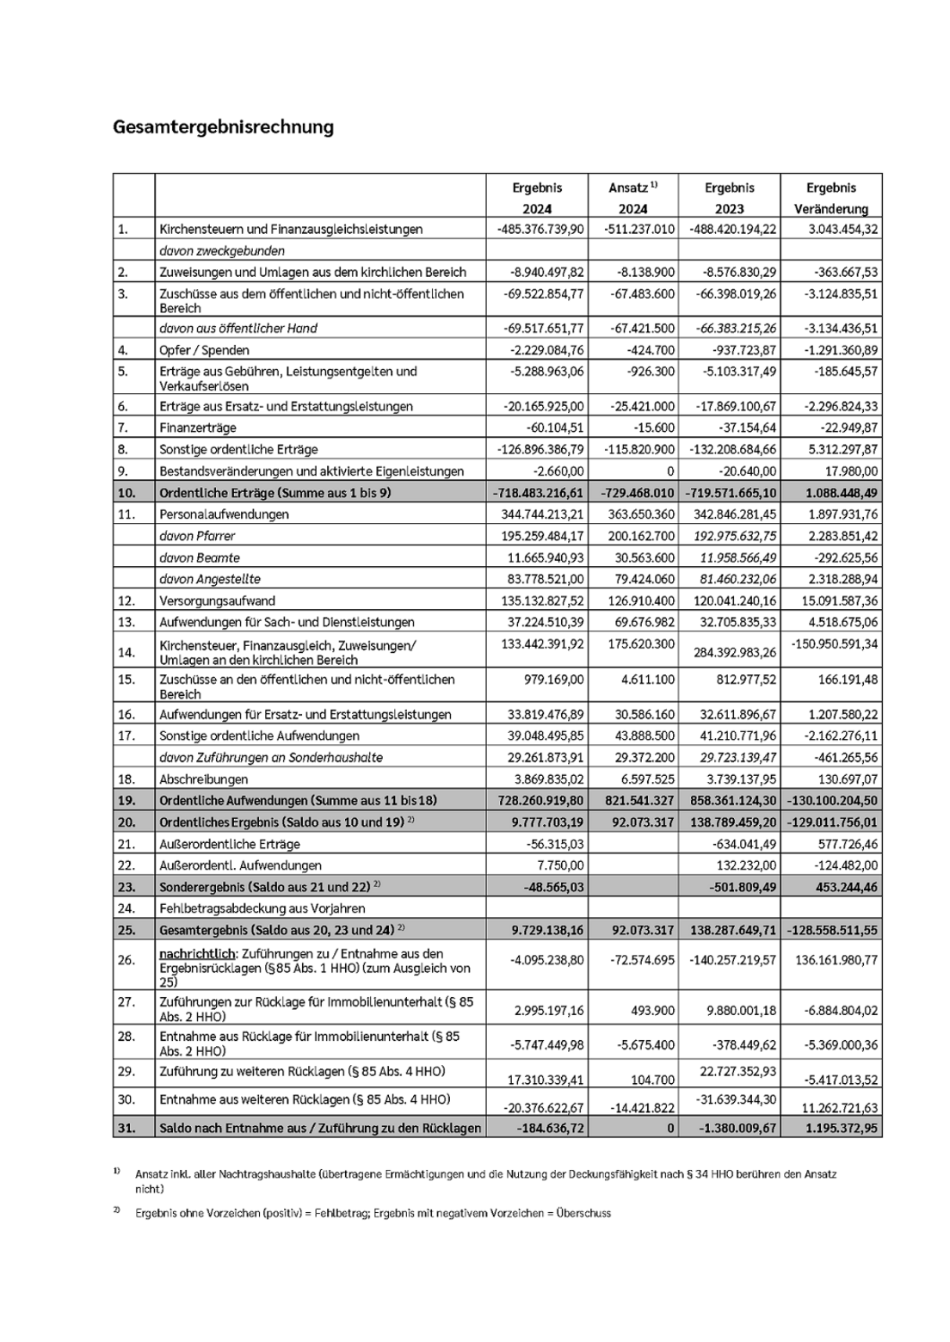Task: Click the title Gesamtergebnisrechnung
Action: click(x=223, y=127)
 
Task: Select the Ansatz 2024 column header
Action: click(x=633, y=197)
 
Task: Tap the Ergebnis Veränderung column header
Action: click(x=831, y=197)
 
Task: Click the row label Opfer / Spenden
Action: click(x=205, y=350)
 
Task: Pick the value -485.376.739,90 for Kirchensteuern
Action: click(x=540, y=230)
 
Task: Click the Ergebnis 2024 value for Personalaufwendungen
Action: click(x=540, y=514)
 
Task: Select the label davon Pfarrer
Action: click(x=198, y=536)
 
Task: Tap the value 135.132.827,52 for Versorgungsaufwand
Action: click(x=540, y=600)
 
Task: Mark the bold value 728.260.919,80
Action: click(x=540, y=801)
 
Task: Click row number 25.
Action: click(x=126, y=930)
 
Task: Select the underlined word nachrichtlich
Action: click(x=198, y=953)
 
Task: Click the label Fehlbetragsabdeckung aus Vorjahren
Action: click(x=262, y=908)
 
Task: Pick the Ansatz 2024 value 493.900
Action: click(x=654, y=1011)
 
